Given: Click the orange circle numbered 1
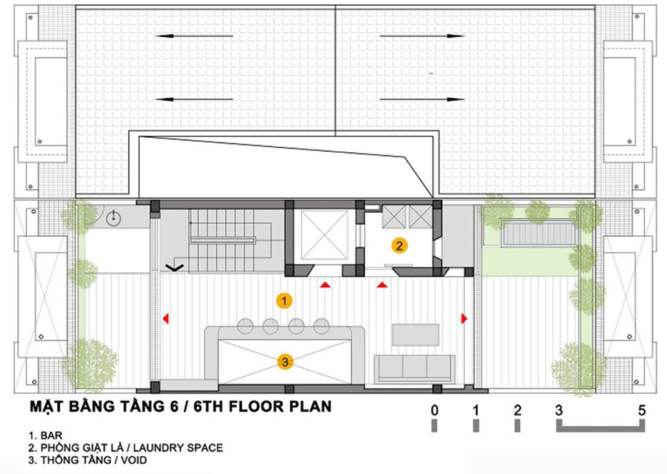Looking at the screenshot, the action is point(284,301).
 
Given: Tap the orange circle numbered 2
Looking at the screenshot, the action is point(399,246).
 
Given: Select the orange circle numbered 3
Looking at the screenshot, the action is point(285,362).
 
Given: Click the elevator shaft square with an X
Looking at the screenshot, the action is point(325,235).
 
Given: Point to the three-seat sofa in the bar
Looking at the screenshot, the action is point(415,368).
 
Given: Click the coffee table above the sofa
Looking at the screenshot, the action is point(415,335).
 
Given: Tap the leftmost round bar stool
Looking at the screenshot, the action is point(245,326).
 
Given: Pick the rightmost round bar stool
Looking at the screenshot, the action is point(321,326).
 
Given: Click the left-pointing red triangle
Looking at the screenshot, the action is point(166,318).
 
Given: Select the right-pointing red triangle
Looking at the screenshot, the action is point(464,318).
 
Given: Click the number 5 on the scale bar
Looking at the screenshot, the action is point(642,411).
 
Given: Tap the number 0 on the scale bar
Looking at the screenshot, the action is point(435,411).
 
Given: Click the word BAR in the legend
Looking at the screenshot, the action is point(52,436).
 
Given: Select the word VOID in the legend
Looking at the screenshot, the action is point(134,460).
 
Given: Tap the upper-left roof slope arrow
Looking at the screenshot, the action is point(194,36).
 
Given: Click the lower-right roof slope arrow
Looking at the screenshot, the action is point(422,99).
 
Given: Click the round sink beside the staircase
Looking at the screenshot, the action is point(113,218).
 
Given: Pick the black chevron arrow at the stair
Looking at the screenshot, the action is point(175,268).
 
